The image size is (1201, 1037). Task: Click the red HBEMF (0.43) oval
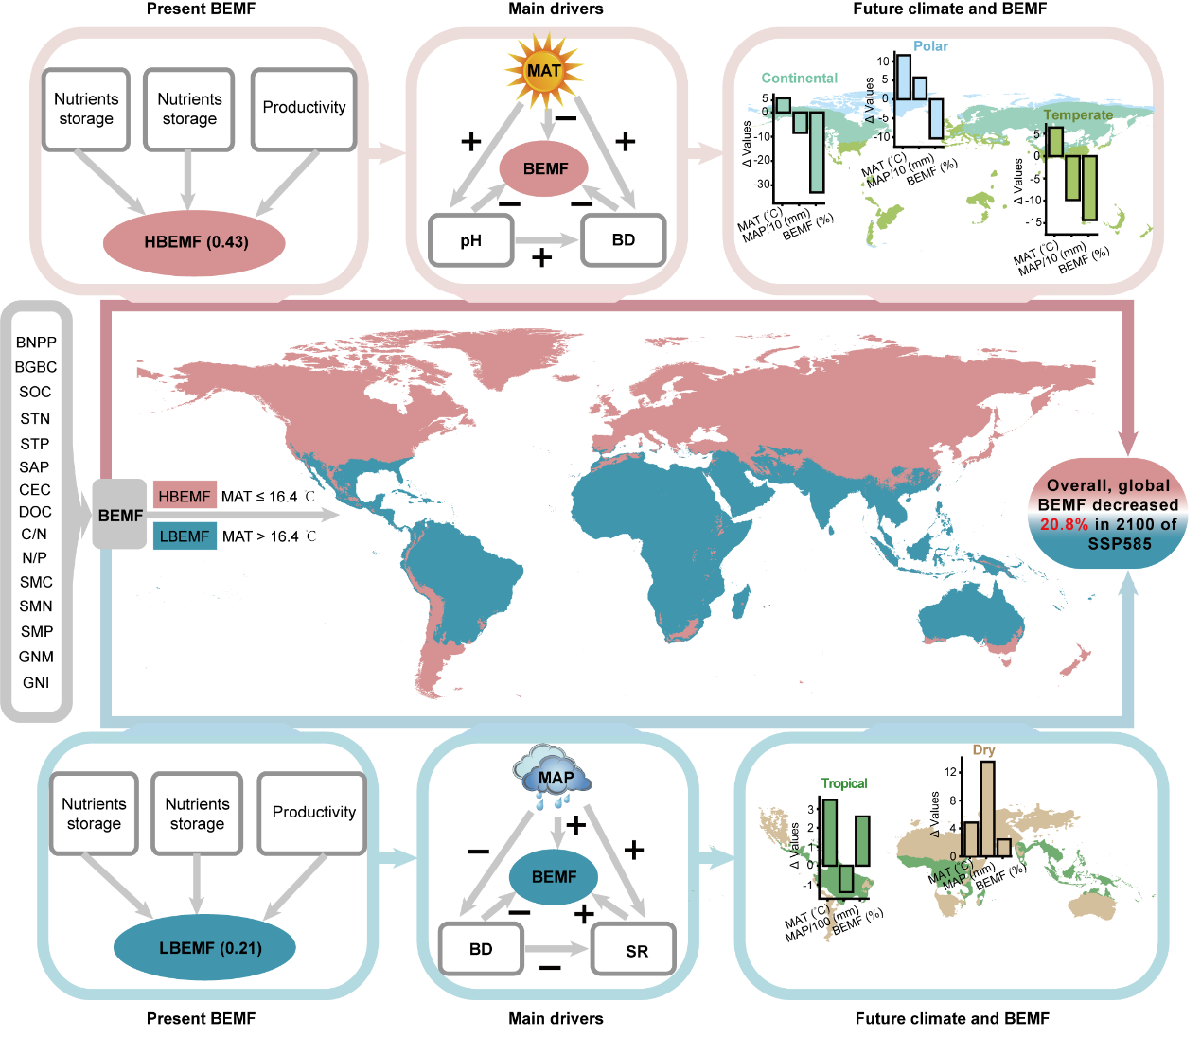click(196, 242)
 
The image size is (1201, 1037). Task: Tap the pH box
click(471, 240)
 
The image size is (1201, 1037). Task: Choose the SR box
click(636, 950)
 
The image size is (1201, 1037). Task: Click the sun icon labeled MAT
click(544, 71)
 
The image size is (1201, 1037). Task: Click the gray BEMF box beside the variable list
click(120, 515)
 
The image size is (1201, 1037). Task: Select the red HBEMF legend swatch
click(185, 496)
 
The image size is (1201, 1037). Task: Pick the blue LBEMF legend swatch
click(185, 536)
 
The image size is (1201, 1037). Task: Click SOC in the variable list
click(35, 392)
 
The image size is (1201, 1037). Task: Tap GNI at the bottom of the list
click(36, 682)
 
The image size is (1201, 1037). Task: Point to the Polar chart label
click(930, 45)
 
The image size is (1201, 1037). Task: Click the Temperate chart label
click(1078, 114)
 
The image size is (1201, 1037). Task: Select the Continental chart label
click(800, 78)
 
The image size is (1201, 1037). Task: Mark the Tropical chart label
click(844, 783)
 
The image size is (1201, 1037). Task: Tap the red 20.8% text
click(1064, 524)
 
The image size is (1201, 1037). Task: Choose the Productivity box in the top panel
click(304, 108)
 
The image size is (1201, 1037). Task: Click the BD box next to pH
click(624, 240)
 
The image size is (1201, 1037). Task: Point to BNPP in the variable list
click(36, 343)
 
